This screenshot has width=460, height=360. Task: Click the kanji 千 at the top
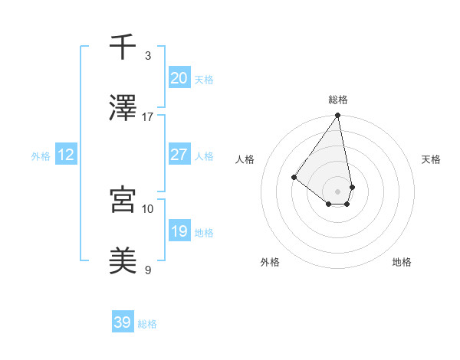123,47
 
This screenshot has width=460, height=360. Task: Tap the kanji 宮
123,200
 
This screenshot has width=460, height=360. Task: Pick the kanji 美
123,260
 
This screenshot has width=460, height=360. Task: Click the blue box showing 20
179,78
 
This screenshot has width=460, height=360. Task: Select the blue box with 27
179,155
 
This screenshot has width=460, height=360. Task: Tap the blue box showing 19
179,231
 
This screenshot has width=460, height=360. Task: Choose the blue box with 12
66,155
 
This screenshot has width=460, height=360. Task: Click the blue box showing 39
123,322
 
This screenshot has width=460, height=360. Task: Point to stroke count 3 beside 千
148,56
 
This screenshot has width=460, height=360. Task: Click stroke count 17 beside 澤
148,116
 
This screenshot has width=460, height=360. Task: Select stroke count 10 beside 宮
148,208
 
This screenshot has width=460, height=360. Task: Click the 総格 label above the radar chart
337,100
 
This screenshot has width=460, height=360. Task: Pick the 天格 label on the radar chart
431,159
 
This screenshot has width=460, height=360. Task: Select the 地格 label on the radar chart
402,262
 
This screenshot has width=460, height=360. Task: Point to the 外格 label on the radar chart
270,262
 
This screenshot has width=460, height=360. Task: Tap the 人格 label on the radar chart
245,159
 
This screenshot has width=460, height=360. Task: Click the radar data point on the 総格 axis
337,116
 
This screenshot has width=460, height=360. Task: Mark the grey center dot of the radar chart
337,191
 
